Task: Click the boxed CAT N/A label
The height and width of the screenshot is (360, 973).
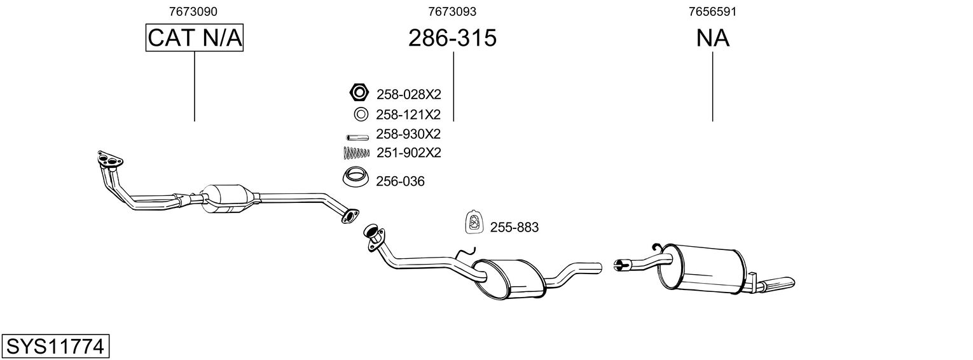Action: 194,38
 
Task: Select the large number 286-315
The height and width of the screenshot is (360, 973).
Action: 452,38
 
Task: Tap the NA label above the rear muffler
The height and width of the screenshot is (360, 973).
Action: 712,38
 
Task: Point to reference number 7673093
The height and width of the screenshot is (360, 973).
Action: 452,11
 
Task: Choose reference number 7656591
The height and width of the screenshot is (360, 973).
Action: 712,11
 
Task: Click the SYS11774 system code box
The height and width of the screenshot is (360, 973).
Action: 55,347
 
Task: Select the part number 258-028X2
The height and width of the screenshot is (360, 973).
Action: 408,95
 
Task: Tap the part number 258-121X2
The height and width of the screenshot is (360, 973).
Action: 408,114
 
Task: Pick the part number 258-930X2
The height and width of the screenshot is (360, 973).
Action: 408,134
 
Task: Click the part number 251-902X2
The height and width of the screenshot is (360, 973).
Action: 408,153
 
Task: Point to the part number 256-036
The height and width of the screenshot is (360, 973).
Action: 400,182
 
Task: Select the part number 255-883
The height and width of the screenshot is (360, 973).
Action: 514,227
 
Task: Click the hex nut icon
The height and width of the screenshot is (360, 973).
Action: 359,93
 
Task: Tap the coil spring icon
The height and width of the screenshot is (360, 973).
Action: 356,153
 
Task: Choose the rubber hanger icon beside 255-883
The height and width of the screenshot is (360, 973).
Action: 474,221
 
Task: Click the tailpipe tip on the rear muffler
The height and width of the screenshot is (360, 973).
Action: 779,283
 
